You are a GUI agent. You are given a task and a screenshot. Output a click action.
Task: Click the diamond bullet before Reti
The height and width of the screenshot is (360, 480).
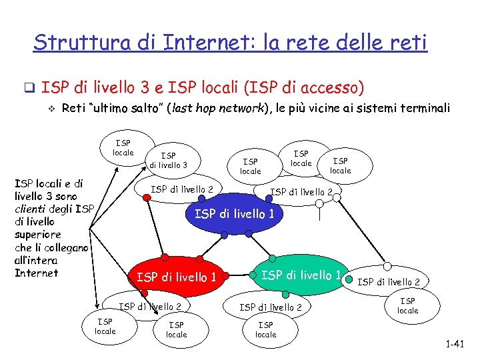[47, 108]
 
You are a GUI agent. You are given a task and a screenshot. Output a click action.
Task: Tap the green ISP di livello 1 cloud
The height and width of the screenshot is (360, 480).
[301, 275]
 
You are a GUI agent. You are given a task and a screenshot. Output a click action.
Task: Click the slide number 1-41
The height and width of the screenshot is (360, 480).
[457, 345]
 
